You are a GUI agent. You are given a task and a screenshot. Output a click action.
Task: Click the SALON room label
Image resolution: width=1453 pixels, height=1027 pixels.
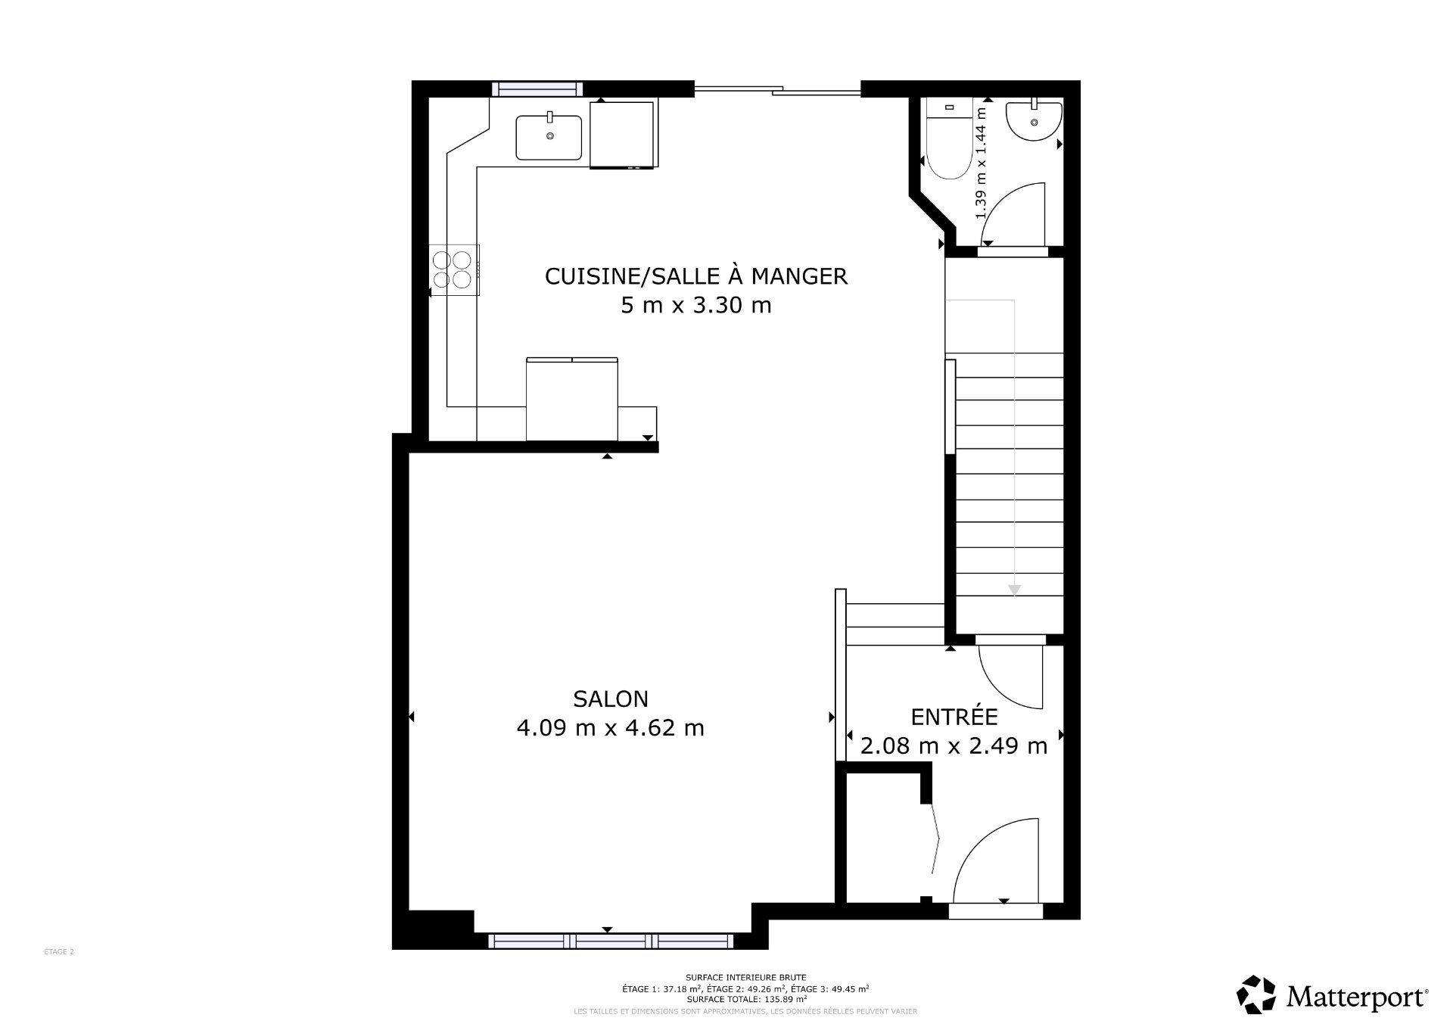[610, 699]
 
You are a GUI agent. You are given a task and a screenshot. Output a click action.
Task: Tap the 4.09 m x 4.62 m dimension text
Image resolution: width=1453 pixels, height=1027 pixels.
[610, 728]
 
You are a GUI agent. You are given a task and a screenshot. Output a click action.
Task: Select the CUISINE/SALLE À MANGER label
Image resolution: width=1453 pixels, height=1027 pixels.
[695, 276]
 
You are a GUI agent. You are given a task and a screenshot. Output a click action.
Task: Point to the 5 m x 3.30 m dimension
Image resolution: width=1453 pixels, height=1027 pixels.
[695, 306]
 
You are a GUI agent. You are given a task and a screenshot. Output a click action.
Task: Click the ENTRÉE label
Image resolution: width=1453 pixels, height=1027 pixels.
[954, 717]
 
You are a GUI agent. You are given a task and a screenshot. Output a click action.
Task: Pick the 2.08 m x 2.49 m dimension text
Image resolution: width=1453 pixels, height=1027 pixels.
[954, 746]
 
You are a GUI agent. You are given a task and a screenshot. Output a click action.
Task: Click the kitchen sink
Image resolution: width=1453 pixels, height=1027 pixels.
[549, 137]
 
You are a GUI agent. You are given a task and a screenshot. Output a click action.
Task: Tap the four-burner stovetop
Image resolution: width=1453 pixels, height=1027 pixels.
[453, 269]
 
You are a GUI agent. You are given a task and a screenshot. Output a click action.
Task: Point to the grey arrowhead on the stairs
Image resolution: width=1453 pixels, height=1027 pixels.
[1014, 590]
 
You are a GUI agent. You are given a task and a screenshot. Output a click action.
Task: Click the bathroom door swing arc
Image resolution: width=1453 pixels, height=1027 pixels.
[1014, 212]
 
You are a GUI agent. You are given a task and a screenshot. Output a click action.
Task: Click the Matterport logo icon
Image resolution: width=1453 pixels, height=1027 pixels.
[1256, 994]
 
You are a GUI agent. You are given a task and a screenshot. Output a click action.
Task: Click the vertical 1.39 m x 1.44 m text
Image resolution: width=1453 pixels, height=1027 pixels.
[982, 163]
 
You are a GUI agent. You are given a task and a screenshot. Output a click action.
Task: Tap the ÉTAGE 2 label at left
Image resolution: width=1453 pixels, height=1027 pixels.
[59, 952]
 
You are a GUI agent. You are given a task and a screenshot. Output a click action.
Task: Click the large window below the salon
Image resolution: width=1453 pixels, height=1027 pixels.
[610, 941]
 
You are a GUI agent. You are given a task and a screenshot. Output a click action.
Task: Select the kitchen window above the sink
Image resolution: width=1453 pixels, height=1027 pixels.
[537, 89]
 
